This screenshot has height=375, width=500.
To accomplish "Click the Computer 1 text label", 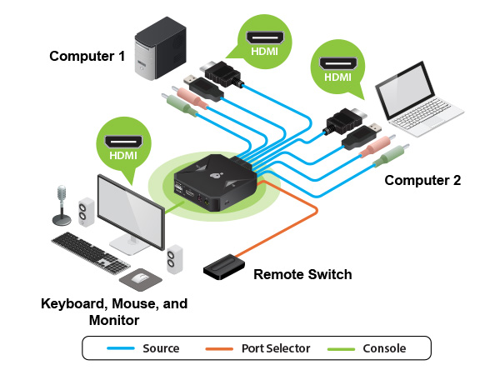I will pos(87,57).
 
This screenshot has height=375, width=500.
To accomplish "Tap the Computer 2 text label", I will pos(422,180).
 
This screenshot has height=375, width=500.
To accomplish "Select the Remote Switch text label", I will pos(302,274).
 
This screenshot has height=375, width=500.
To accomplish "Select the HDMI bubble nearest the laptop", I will pos(337,66).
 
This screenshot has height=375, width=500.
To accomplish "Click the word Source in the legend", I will pos(160,348).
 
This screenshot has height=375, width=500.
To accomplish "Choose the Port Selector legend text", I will pos(275,348).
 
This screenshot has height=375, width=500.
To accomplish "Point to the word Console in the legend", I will pos(384,348).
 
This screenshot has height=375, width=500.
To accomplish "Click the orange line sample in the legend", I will pos(220,348).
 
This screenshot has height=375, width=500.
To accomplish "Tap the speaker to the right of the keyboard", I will pos(175,259).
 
